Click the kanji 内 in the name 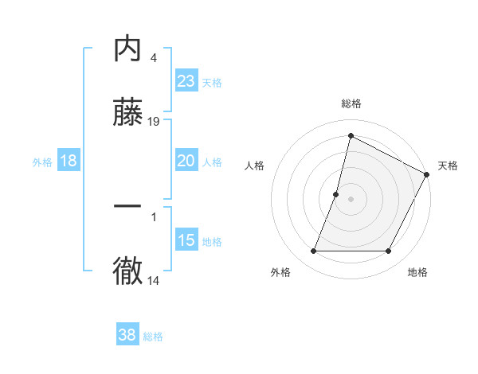click(128, 49)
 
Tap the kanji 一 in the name click(128, 206)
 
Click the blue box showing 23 click(186, 81)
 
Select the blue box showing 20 click(186, 161)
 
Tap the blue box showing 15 click(186, 240)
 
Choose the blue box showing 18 click(69, 161)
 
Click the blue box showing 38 click(127, 336)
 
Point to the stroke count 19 click(154, 122)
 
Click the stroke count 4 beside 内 click(153, 58)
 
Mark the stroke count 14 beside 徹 click(154, 280)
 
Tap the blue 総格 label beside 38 click(153, 337)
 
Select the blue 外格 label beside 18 click(42, 162)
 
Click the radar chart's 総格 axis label click(351, 103)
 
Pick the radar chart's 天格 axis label click(448, 166)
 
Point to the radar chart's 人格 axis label click(254, 166)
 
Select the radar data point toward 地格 click(389, 251)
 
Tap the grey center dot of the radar click(351, 199)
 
